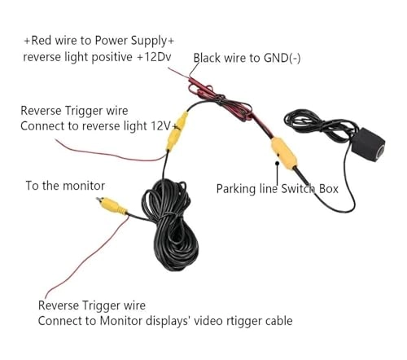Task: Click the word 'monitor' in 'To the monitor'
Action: [x=84, y=186]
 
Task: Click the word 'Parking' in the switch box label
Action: [x=236, y=188]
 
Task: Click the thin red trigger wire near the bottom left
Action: [x=57, y=269]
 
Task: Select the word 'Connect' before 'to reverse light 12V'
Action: [x=42, y=126]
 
